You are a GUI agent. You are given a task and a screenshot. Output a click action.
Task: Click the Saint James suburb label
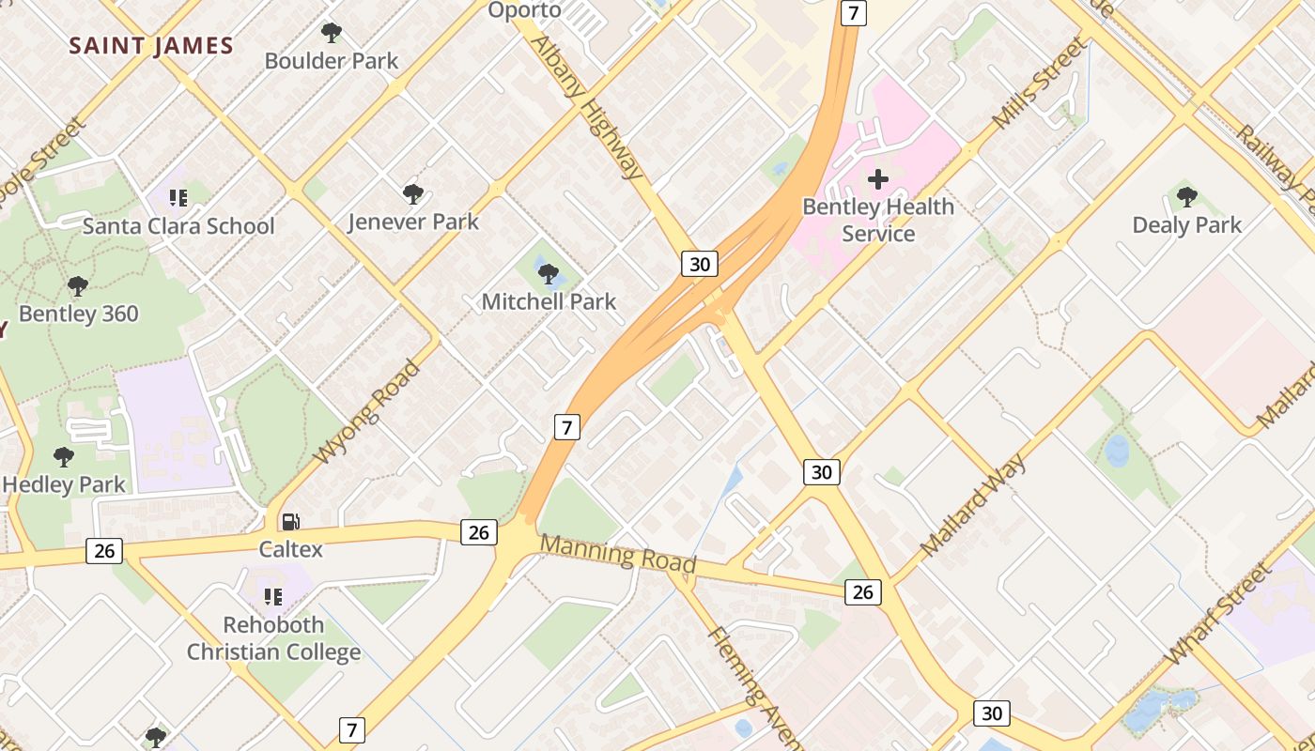coord(151,46)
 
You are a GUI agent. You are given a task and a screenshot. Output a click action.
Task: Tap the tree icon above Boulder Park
coord(331,34)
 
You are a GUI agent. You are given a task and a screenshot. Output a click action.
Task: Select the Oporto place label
coord(524,10)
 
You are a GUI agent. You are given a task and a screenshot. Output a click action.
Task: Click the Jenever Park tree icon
coord(412,194)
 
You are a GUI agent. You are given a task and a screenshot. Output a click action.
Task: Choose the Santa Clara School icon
coord(178,198)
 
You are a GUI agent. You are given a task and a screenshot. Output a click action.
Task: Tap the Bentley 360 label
coord(79,314)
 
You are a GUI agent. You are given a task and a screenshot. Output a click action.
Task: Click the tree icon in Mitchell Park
coord(549,274)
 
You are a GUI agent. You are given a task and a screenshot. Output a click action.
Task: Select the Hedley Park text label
coord(64,484)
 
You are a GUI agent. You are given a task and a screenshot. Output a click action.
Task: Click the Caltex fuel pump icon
coord(291,522)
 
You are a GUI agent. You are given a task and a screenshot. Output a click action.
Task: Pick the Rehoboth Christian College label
coord(273,638)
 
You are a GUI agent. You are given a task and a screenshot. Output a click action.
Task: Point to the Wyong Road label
coord(366,412)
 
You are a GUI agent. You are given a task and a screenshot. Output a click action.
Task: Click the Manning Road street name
coord(618,554)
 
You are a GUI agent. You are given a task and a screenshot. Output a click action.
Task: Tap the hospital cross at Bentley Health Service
coord(878,178)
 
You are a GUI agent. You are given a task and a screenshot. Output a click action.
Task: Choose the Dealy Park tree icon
coord(1186,197)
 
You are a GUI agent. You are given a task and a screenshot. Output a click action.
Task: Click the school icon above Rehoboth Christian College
coord(273,597)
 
